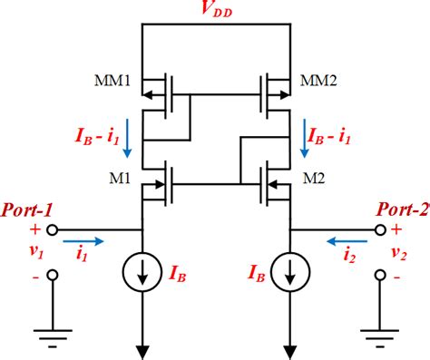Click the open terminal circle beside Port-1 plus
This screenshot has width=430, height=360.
[x=52, y=229]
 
